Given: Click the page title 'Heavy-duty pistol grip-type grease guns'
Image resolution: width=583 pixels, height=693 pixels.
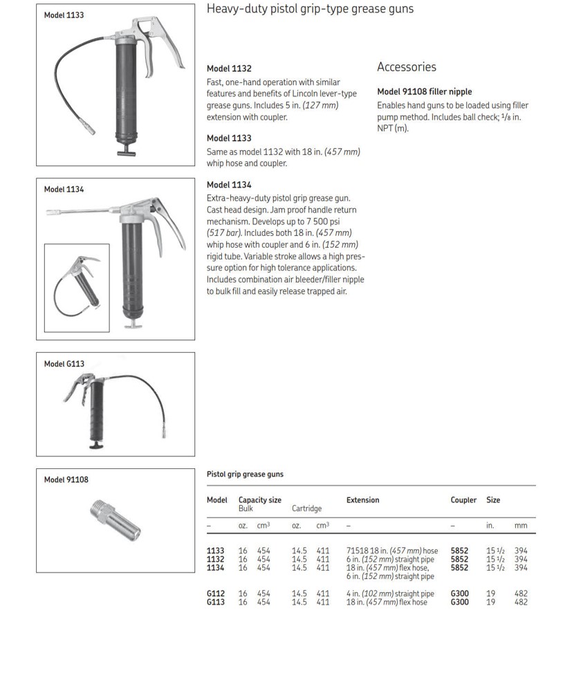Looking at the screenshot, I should click(x=310, y=9).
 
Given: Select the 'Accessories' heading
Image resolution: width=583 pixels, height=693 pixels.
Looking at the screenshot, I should click(x=406, y=67).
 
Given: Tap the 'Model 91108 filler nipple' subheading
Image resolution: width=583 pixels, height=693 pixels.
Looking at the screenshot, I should click(x=424, y=91).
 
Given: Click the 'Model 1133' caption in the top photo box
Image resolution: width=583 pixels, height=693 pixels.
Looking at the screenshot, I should click(x=64, y=15).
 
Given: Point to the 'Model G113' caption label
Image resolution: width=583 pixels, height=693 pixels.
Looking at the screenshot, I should click(x=64, y=364).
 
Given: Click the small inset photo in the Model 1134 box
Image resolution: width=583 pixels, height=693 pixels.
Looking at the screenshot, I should click(x=76, y=287).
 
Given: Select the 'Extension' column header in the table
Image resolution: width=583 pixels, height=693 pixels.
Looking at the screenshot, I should click(x=362, y=500).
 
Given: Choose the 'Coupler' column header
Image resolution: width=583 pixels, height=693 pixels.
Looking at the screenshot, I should click(x=463, y=500).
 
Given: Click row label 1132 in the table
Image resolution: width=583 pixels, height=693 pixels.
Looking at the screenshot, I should click(x=215, y=560).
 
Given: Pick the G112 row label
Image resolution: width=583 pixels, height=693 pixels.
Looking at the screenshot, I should click(x=215, y=594).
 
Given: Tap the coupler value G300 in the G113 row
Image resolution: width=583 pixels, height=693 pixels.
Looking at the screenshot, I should click(x=459, y=602).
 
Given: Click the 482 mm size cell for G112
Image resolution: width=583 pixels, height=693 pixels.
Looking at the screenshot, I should click(x=521, y=594).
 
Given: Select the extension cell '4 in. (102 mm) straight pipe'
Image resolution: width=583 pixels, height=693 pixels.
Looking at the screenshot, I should click(x=390, y=594).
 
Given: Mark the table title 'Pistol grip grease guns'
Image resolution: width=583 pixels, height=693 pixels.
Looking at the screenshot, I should click(x=245, y=474).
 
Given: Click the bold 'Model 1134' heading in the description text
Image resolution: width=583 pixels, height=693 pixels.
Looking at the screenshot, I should click(x=229, y=185).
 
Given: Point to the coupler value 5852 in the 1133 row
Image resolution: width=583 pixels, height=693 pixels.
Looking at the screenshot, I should click(x=459, y=551).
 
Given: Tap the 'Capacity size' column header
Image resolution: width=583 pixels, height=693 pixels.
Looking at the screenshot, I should click(x=259, y=500).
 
